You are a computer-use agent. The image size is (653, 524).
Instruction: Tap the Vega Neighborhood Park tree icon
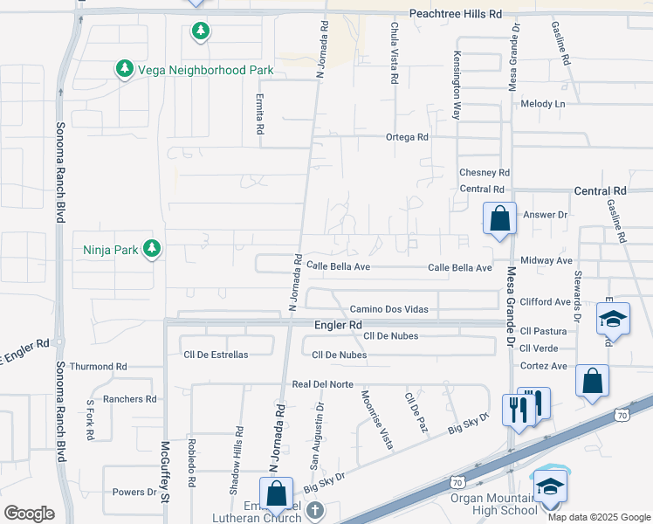[124, 68]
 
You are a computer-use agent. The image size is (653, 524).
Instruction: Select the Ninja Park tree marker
[152, 250]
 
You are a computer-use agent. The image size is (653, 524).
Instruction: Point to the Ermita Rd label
[260, 114]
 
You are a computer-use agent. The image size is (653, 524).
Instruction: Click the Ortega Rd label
[407, 137]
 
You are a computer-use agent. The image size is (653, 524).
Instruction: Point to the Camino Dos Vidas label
[389, 309]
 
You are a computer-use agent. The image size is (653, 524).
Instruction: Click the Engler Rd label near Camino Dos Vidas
[338, 325]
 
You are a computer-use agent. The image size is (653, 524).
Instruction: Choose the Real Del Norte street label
[322, 384]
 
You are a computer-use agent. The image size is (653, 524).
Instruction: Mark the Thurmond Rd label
[98, 367]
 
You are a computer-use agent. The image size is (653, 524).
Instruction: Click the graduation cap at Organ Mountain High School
[550, 485]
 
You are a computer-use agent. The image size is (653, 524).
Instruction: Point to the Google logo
[29, 513]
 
